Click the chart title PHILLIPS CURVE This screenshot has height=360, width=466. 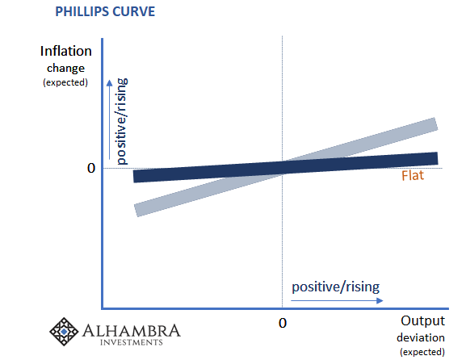coord(105,11)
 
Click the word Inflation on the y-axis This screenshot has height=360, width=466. coord(66,51)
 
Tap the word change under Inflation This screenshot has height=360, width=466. coord(65,69)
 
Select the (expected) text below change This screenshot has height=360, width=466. coord(65,82)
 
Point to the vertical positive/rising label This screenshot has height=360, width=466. coord(122,122)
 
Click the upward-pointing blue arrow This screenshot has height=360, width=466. coord(109,119)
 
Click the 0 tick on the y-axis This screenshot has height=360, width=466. coord(91,168)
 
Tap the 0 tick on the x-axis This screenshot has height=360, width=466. coord(283,323)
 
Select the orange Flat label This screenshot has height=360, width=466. coord(413,175)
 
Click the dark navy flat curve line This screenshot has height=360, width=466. coord(286,167)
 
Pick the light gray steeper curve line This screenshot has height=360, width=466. coord(286,167)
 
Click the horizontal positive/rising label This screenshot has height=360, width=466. coord(335,287)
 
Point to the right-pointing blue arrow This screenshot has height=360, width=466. coord(337,300)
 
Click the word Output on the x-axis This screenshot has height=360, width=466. coord(422,320)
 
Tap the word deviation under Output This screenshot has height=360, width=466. coord(421,337)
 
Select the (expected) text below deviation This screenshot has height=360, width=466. coord(422,352)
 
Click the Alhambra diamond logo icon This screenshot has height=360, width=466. coord(64,332)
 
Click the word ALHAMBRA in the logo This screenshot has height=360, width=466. coord(132,331)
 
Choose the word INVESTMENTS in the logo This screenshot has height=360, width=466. coord(132,342)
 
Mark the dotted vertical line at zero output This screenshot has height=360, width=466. coord(282,172)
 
